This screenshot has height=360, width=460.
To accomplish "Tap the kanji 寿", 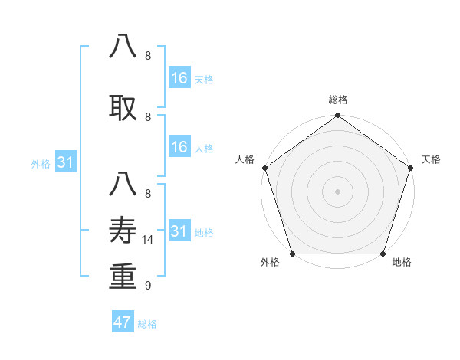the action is click(x=123, y=229).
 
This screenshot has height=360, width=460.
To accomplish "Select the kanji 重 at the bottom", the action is click(x=123, y=277).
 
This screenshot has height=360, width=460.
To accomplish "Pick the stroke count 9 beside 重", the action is click(x=148, y=286).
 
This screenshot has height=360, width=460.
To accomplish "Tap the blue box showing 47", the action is click(x=123, y=322).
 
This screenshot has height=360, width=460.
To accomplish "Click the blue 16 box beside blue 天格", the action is click(x=179, y=78).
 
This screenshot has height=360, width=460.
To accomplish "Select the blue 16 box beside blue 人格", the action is click(x=179, y=147).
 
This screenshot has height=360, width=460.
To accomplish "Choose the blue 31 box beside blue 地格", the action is click(x=179, y=231).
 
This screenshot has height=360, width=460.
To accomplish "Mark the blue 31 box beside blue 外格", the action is click(x=66, y=162).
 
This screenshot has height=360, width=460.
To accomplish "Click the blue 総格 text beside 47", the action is click(x=147, y=324).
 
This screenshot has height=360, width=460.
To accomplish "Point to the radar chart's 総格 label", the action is click(x=337, y=100).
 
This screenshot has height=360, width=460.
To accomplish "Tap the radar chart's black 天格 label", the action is click(x=431, y=159).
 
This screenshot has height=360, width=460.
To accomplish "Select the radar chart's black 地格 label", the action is click(x=402, y=263).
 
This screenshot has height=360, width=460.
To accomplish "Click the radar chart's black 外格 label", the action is click(x=270, y=263).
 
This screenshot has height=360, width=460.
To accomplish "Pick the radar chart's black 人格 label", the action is click(x=245, y=159).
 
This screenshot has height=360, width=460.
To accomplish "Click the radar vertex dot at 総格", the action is click(x=337, y=116).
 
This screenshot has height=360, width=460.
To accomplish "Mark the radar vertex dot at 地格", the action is click(x=383, y=254).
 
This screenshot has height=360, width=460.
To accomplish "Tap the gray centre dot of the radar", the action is click(x=337, y=191).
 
